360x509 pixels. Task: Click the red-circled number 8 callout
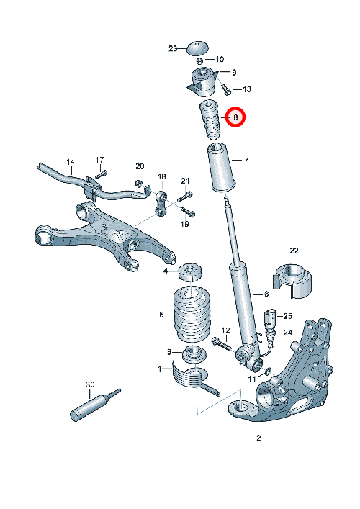235,117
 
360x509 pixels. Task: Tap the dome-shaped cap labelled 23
197,48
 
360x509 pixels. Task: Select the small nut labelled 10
200,60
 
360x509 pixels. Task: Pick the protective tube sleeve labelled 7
221,168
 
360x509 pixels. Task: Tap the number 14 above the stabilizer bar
71,162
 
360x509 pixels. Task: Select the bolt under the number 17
101,174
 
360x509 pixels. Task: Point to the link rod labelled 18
161,204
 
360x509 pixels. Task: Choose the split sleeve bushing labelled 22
292,281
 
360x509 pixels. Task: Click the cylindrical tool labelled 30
95,405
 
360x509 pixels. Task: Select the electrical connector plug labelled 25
270,320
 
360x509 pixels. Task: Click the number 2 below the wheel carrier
258,438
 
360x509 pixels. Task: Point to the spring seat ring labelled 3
194,354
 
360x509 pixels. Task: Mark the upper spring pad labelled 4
191,274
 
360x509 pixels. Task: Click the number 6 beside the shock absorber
266,294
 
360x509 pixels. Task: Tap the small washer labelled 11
269,371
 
